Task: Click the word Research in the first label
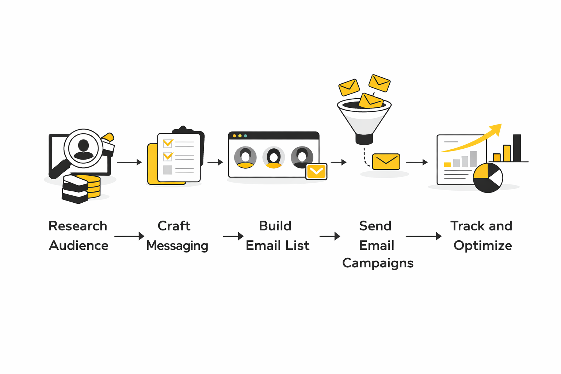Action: (78, 226)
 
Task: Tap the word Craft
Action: (174, 226)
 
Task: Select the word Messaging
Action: (177, 246)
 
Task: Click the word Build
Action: (275, 226)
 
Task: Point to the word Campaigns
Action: (378, 263)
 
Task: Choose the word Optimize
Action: (482, 246)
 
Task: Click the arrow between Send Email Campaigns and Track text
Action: (424, 236)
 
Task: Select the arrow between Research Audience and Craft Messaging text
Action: (129, 236)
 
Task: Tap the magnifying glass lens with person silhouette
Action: (83, 148)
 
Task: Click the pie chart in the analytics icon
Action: (488, 178)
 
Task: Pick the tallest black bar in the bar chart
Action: (517, 148)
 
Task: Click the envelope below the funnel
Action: (386, 161)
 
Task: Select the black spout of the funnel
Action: (364, 139)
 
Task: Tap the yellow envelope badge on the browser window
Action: (316, 171)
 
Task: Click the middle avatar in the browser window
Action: (274, 157)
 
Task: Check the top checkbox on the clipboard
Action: (168, 142)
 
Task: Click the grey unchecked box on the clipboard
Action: (168, 170)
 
